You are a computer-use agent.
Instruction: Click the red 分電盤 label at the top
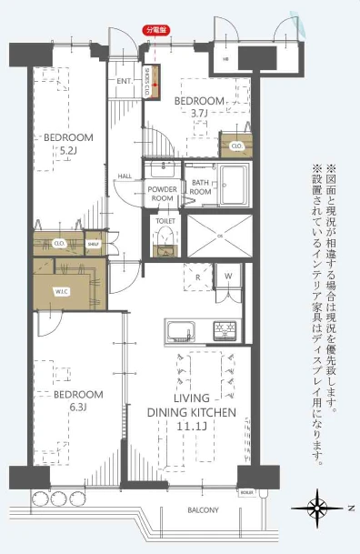(x=157, y=30)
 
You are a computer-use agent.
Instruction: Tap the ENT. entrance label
(x=125, y=81)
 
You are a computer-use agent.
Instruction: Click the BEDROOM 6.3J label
(x=77, y=400)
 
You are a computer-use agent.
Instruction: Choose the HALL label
(x=126, y=176)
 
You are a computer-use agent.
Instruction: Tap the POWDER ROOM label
(x=162, y=193)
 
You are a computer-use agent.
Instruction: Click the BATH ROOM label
(x=201, y=188)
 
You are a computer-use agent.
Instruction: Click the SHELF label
(x=93, y=244)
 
